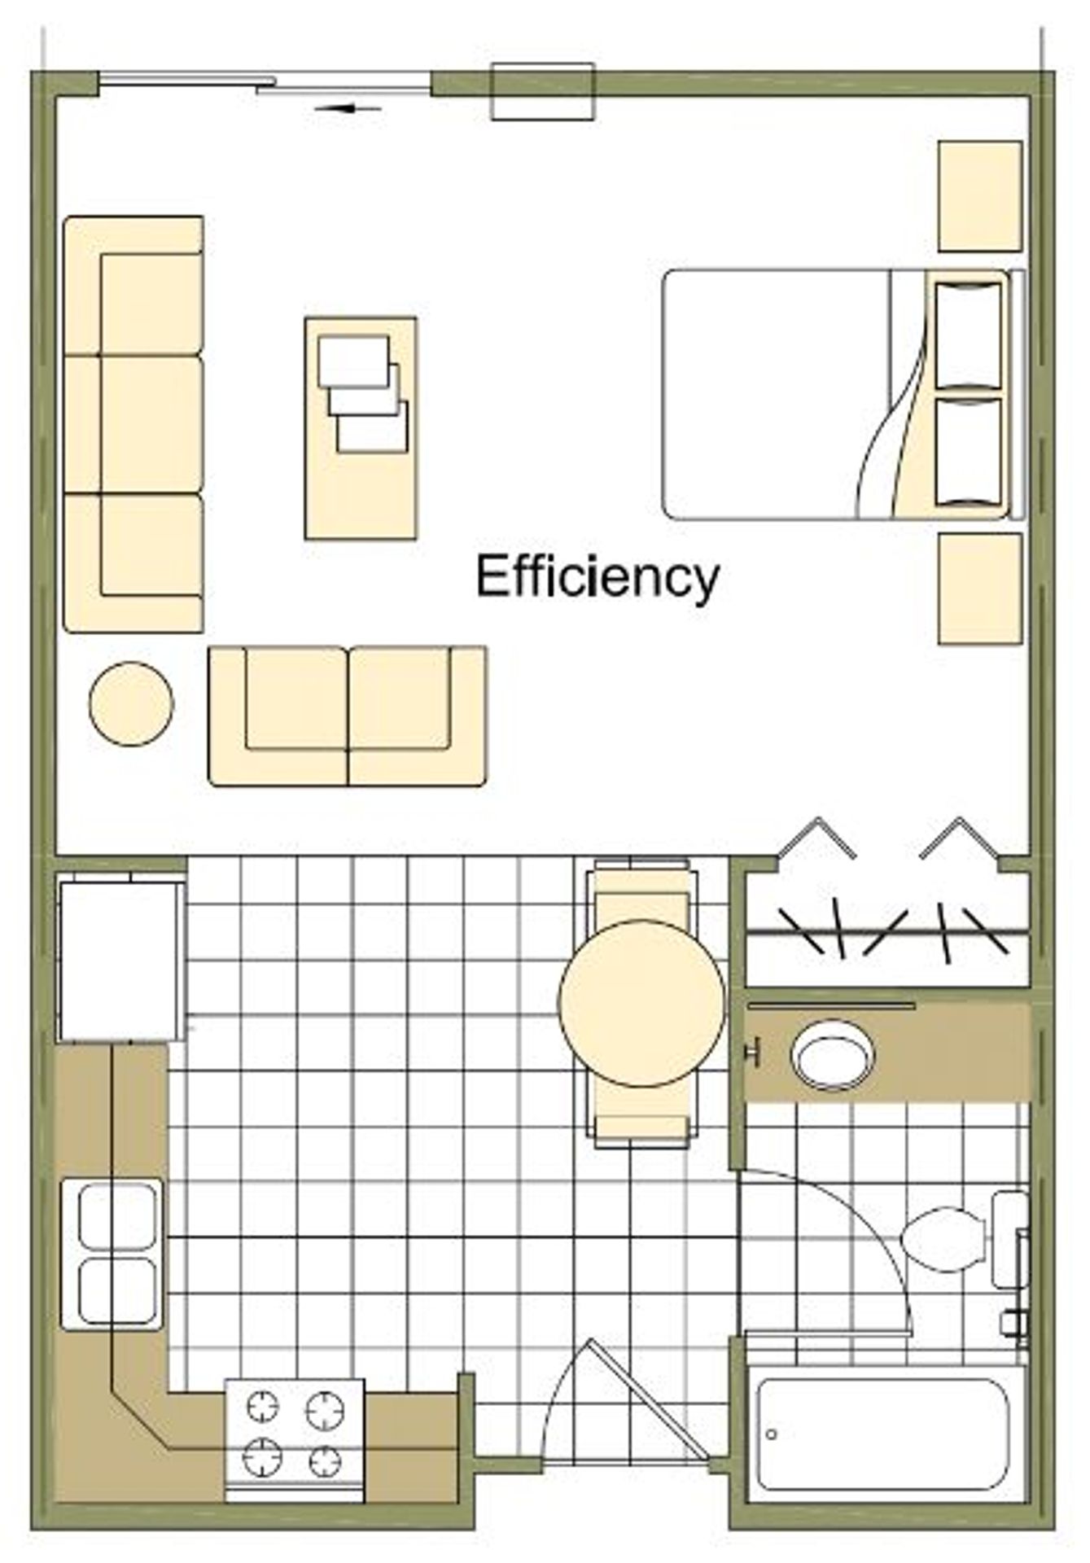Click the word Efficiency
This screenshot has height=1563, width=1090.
tap(598, 577)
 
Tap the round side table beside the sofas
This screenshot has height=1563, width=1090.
tap(131, 703)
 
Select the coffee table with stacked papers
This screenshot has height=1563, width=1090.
tap(361, 428)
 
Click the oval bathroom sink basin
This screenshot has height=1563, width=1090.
tap(832, 1056)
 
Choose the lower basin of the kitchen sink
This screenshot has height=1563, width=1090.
tap(119, 1290)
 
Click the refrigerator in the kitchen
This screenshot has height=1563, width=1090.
tap(121, 961)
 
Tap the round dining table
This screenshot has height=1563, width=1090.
tap(641, 1003)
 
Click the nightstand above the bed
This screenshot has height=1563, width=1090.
tap(980, 196)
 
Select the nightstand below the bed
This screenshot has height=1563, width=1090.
tap(980, 589)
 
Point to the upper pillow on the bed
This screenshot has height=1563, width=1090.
tap(968, 335)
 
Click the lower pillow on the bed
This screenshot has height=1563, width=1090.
tap(968, 453)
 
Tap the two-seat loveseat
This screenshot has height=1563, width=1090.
tap(348, 716)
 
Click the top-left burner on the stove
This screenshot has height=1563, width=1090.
tap(263, 1406)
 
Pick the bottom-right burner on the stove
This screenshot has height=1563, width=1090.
tap(325, 1462)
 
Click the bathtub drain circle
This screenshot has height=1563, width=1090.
tap(772, 1434)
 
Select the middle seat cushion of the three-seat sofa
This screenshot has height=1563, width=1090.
tap(151, 423)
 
